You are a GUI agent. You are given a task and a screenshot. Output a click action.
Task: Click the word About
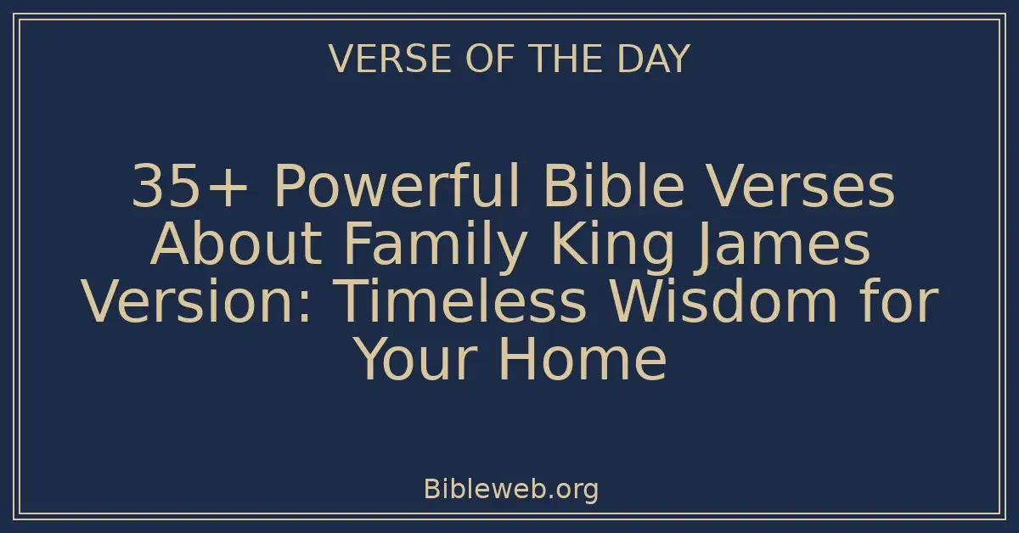234,245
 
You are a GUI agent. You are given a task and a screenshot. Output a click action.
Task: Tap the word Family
429,245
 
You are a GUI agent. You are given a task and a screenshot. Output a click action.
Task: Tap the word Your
417,360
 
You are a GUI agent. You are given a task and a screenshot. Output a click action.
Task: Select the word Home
583,360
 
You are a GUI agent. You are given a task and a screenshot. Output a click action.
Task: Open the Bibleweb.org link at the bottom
509,490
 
